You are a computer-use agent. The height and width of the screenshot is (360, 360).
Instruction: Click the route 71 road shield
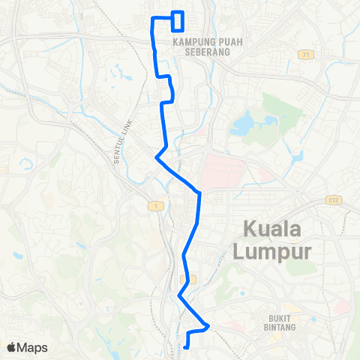coord(305,55)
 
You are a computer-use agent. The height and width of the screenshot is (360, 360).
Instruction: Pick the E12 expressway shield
coord(334,199)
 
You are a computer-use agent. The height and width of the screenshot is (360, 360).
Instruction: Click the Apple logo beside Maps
coord(12,347)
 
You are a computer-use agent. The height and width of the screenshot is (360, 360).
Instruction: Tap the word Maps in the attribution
coord(33,347)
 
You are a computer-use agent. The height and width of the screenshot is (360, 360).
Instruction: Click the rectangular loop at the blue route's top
coord(178,21)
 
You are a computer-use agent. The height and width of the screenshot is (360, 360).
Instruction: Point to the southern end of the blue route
coord(186,346)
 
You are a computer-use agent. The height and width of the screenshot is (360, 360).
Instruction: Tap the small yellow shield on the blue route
coord(191,278)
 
